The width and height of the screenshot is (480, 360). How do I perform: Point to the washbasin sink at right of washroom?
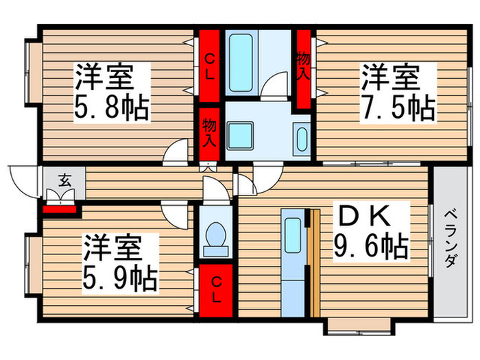(301, 137)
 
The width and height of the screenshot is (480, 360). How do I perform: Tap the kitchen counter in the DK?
(293, 263)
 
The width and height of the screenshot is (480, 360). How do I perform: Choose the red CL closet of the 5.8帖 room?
(210, 64)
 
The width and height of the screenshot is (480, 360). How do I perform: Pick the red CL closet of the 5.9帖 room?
(216, 289)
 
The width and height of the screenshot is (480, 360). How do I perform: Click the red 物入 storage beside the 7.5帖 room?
(304, 69)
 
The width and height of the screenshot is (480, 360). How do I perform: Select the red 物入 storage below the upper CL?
(210, 133)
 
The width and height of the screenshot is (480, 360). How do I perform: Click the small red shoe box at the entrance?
(59, 208)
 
